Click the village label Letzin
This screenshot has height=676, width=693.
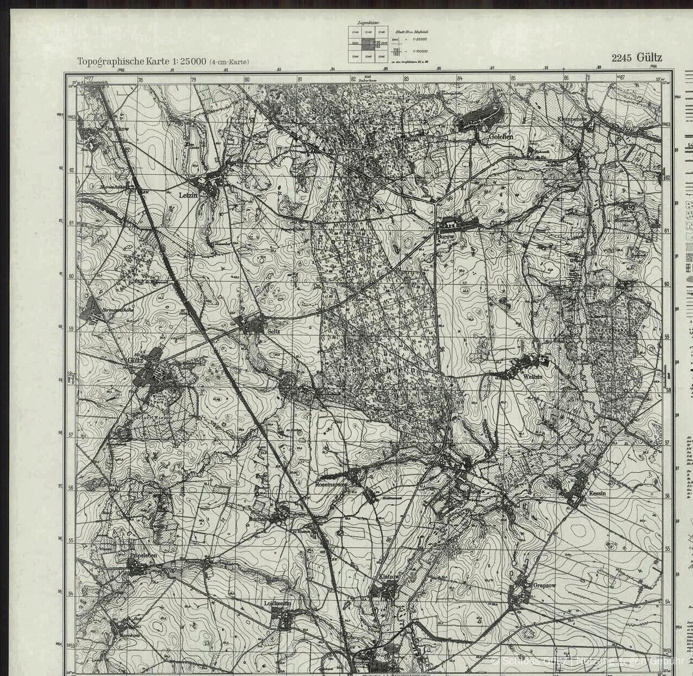[x=188, y=194]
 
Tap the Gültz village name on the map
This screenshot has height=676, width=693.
[x=135, y=360]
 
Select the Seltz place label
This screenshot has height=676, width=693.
[x=273, y=331]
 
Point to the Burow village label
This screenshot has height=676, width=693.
[x=442, y=238]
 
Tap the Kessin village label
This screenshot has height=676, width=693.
[x=597, y=493]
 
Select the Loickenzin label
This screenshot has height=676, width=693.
[x=277, y=603]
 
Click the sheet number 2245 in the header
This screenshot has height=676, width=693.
[x=621, y=58]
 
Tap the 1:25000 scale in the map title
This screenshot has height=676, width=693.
[x=188, y=61]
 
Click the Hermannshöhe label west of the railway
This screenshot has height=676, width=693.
[x=110, y=310]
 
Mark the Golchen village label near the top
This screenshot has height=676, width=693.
[x=501, y=137]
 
